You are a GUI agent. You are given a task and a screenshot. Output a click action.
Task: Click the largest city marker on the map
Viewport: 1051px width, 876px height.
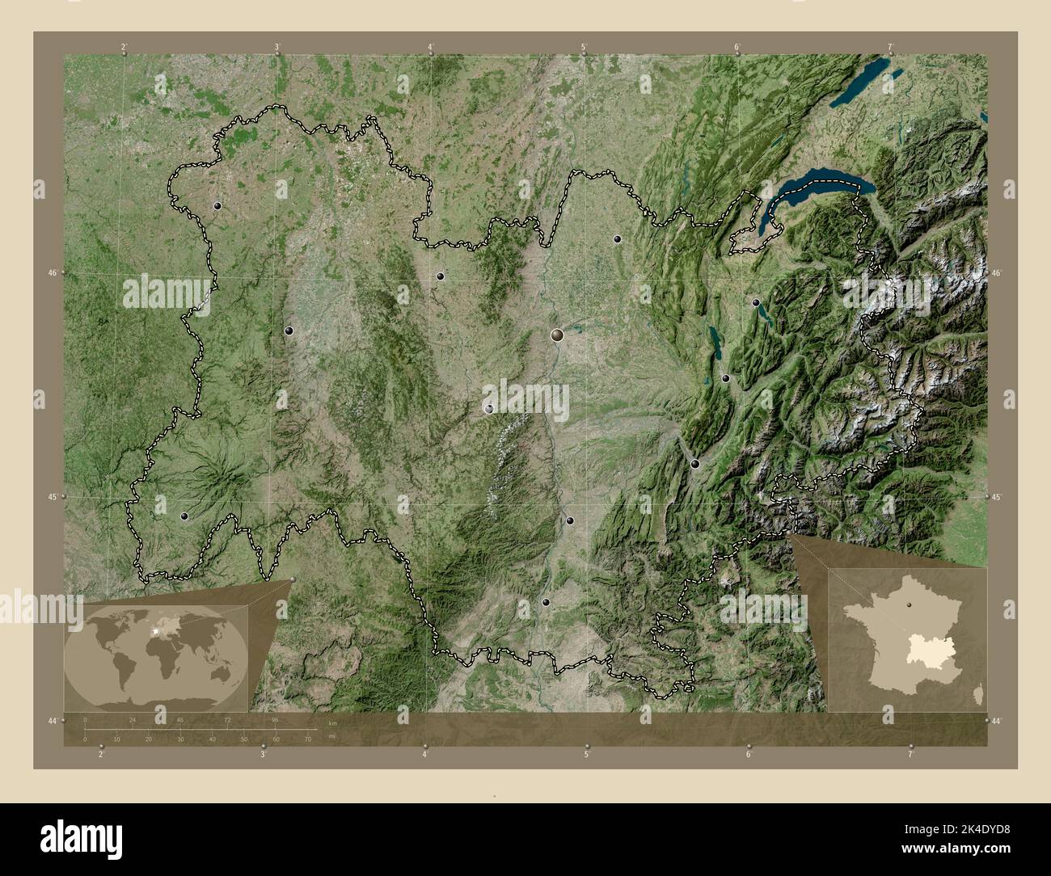click(557, 334)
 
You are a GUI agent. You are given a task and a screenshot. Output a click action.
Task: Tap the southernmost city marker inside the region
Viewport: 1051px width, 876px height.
click(547, 602)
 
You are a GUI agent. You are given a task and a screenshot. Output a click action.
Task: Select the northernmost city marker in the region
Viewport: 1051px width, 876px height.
click(217, 206)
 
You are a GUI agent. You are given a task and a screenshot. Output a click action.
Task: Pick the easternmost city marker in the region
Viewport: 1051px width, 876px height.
click(756, 302)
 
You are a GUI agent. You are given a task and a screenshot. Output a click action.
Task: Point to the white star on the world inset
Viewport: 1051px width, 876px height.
click(154, 630)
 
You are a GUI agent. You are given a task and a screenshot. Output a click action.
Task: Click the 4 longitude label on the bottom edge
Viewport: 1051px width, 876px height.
click(424, 755)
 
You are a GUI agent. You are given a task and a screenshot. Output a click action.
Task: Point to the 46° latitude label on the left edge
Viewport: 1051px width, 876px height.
click(53, 273)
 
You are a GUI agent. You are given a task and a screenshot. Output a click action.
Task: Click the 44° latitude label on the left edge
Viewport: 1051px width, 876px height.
click(53, 720)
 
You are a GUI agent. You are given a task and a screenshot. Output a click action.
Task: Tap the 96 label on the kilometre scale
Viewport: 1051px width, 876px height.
click(275, 719)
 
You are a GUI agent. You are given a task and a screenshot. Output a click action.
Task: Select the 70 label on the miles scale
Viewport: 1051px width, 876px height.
click(308, 739)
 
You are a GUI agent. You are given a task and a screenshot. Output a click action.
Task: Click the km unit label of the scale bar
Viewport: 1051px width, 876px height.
click(332, 722)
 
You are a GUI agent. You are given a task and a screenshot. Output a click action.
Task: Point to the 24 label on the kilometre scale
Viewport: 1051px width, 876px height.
click(133, 719)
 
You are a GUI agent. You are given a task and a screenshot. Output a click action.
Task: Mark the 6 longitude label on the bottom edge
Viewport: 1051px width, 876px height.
click(749, 755)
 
